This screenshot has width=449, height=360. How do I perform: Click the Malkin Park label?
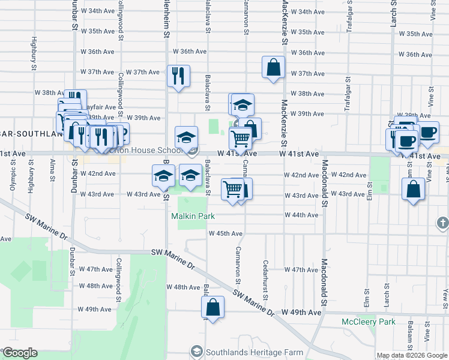(x=193, y=215)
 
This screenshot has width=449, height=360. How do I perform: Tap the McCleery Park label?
(x=368, y=322)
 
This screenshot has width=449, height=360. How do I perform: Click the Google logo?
(x=20, y=352)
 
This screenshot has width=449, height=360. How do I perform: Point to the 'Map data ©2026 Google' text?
(x=411, y=356)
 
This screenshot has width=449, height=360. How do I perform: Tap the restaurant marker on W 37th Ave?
(x=178, y=76)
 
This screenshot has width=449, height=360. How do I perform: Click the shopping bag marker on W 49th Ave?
(x=212, y=307)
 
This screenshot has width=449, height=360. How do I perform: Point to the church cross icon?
(x=442, y=223)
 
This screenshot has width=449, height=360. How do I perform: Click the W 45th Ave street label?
(x=225, y=233)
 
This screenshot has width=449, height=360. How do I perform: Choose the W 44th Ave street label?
(x=301, y=215)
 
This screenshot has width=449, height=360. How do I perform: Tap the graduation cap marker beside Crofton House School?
(x=186, y=138)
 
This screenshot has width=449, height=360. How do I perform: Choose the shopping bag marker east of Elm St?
(x=413, y=190)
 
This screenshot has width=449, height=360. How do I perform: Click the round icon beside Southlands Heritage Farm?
(x=196, y=351)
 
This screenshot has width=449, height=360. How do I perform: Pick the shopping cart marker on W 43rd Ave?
(x=232, y=189)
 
